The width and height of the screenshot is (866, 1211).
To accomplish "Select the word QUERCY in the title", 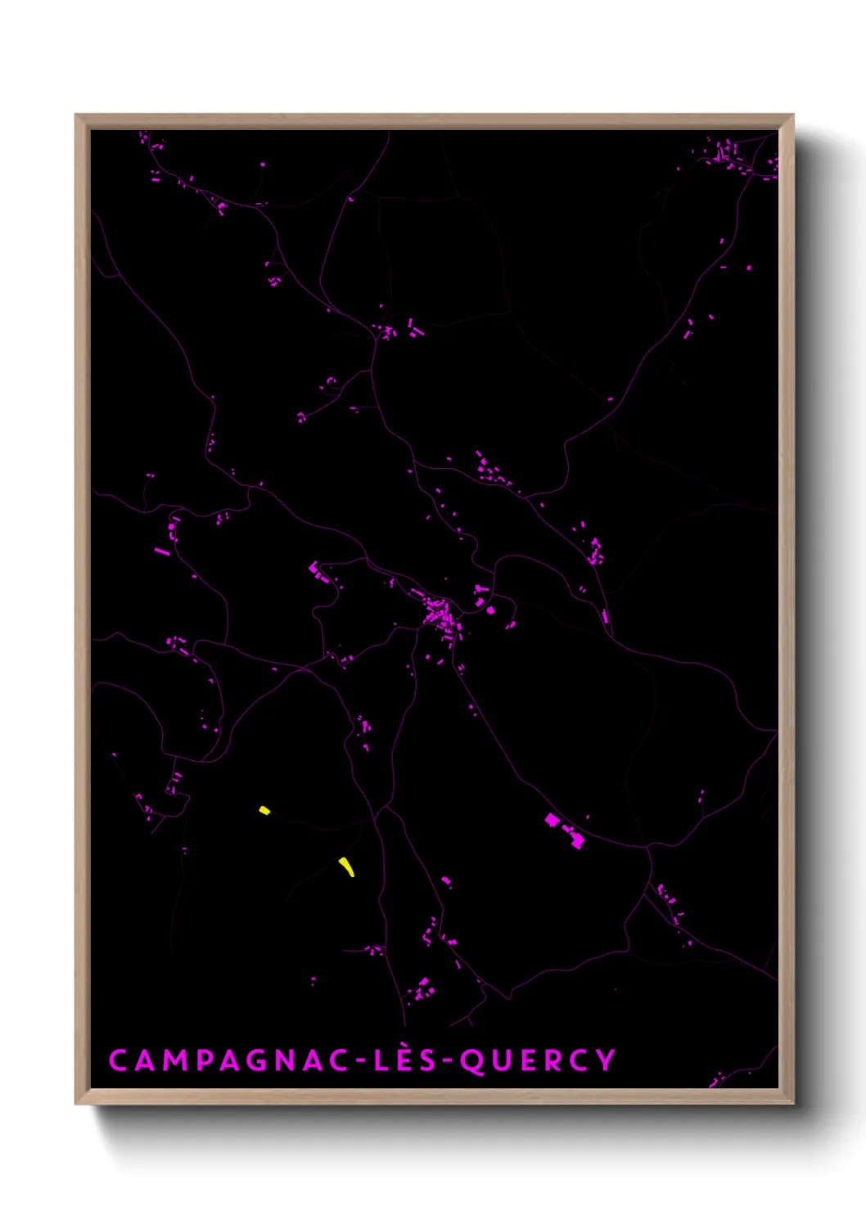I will [x=537, y=1060].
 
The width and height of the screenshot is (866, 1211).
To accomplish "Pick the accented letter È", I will [x=404, y=1060].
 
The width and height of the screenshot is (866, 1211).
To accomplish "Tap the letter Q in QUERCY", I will [x=472, y=1061].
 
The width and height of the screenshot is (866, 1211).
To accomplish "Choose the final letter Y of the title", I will [x=606, y=1060].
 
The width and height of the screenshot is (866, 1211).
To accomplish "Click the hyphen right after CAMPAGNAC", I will [x=360, y=1061].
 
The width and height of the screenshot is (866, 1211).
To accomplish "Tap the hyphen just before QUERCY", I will [x=447, y=1061].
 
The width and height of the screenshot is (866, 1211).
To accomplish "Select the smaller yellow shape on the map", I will [x=264, y=810].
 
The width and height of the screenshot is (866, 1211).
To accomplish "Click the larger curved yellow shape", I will [x=348, y=867].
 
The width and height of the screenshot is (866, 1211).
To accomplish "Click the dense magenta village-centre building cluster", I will [x=440, y=615].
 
